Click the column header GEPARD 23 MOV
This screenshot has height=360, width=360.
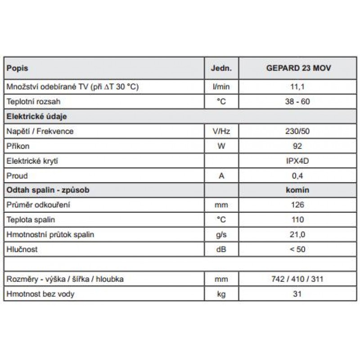pyautogui.click(x=297, y=68)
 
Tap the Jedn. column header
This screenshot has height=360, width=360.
pyautogui.click(x=221, y=68)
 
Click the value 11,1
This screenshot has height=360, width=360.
pyautogui.click(x=297, y=87)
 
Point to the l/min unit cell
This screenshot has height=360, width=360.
pyautogui.click(x=221, y=87)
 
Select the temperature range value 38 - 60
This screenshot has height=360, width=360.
pyautogui.click(x=297, y=102)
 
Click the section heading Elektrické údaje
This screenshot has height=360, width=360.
pyautogui.click(x=36, y=116)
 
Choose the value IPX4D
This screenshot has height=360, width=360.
pyautogui.click(x=297, y=161)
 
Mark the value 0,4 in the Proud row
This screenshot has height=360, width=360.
pyautogui.click(x=297, y=175)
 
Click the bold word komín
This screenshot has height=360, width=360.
pyautogui.click(x=297, y=190)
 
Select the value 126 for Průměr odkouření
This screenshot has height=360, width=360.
pyautogui.click(x=297, y=205)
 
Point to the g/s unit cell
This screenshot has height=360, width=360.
pyautogui.click(x=221, y=234)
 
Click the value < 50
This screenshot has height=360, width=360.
pyautogui.click(x=297, y=249)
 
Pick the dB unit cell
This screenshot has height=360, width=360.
pyautogui.click(x=221, y=249)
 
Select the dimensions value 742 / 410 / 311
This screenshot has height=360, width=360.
pyautogui.click(x=297, y=279)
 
